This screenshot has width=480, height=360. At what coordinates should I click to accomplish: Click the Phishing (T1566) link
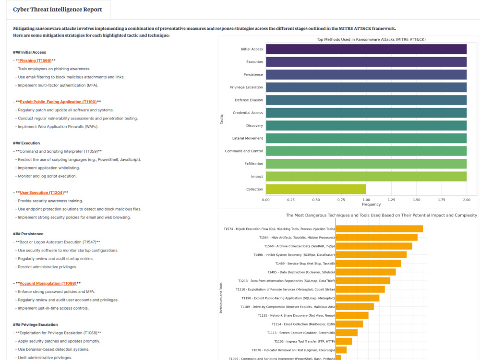35,60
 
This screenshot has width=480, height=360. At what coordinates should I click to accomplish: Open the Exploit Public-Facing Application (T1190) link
58,102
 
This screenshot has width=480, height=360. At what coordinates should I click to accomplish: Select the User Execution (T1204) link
42,192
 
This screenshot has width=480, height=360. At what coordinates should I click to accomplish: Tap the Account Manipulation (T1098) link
48,284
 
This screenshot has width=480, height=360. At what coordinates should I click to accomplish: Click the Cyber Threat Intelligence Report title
58,10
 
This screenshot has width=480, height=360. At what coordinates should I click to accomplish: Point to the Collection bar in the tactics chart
316,189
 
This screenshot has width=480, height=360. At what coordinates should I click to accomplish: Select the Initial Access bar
366,49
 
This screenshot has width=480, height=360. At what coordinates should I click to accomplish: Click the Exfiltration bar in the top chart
366,164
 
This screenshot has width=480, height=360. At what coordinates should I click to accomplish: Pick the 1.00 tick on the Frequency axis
366,200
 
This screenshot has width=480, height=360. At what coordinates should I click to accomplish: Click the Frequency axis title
371,204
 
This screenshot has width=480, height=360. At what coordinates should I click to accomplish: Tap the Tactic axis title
222,119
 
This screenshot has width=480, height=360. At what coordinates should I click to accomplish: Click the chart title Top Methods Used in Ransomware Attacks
371,39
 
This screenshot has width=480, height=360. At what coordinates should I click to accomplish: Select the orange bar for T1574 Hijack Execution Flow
379,229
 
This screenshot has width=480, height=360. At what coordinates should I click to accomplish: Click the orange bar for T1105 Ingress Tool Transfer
344,341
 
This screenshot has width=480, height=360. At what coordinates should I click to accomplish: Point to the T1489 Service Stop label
305,264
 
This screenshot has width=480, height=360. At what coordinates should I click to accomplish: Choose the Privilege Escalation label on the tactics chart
246,87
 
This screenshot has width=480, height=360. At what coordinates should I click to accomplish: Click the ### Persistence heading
28,234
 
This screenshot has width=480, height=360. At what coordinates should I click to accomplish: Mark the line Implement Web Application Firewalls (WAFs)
58,127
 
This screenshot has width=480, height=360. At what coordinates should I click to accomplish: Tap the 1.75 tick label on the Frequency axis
442,200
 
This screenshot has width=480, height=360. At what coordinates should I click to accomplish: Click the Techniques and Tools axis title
221,298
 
